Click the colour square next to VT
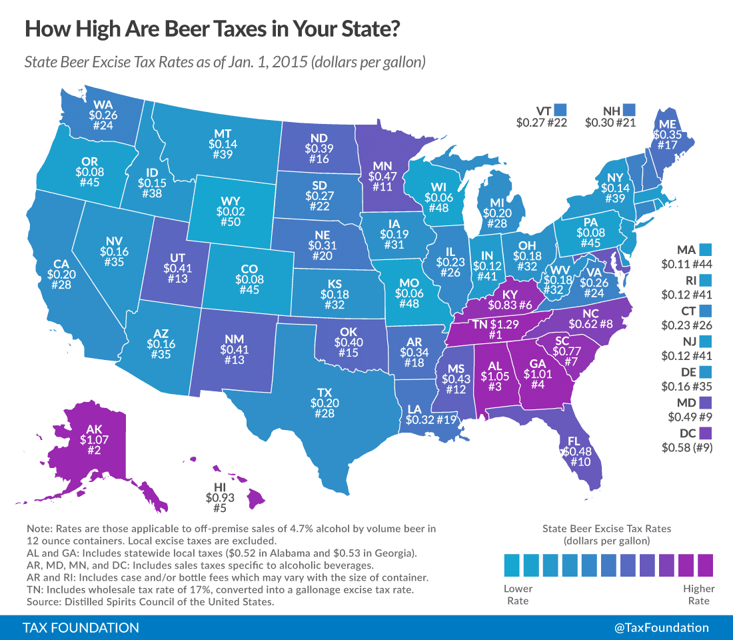tap(560, 109)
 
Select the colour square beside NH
tap(628, 109)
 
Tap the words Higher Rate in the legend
tap(698, 595)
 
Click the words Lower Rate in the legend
tap(518, 595)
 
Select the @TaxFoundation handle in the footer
tap(662, 628)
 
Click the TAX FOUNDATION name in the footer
tap(81, 628)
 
